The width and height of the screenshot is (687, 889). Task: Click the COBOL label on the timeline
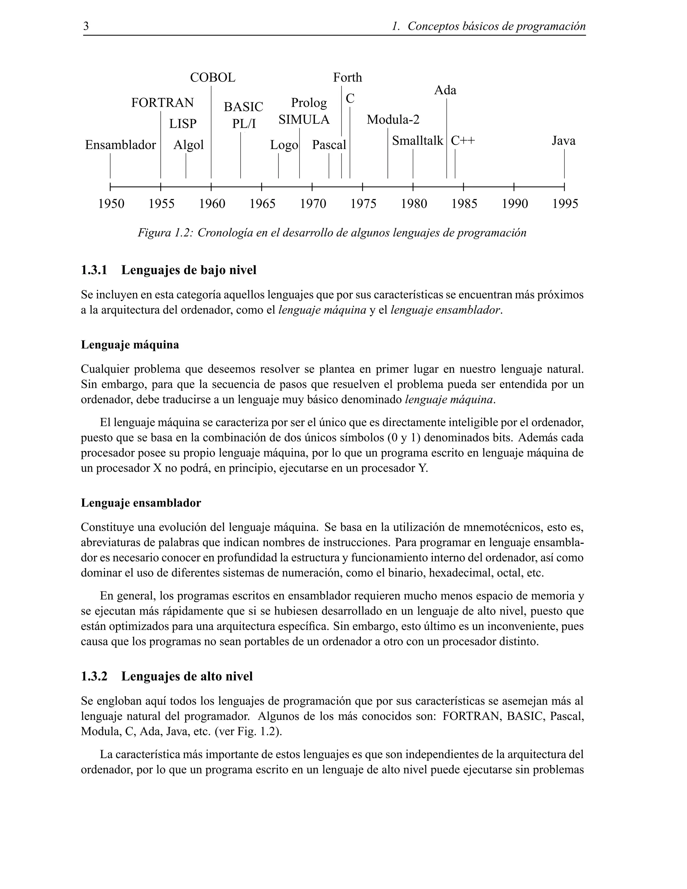coord(212,77)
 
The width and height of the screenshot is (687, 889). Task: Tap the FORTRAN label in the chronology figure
coord(162,103)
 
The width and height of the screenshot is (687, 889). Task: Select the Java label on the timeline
coord(563,141)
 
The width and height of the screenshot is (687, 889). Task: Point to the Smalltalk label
coord(417,141)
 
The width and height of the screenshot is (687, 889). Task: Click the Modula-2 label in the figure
coord(393,120)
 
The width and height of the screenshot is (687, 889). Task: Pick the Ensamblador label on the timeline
coord(120,145)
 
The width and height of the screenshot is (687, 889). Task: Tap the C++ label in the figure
coord(463,141)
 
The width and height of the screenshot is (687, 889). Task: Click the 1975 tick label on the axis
coord(363,204)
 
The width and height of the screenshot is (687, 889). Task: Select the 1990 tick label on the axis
coord(515,204)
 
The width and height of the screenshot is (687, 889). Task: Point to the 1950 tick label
coord(111,204)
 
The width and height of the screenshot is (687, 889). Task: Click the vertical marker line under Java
coord(564,164)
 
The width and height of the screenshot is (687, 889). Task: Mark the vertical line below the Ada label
coord(446,139)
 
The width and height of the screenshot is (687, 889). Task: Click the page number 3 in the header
coord(86,27)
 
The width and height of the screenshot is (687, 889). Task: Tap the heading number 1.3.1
coord(94,270)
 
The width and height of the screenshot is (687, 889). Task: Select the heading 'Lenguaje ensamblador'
coord(141,503)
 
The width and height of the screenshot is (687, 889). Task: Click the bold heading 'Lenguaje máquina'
coord(130,345)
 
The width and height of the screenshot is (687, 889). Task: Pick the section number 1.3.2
coord(94,676)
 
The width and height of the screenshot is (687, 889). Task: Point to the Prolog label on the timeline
coord(309,103)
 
